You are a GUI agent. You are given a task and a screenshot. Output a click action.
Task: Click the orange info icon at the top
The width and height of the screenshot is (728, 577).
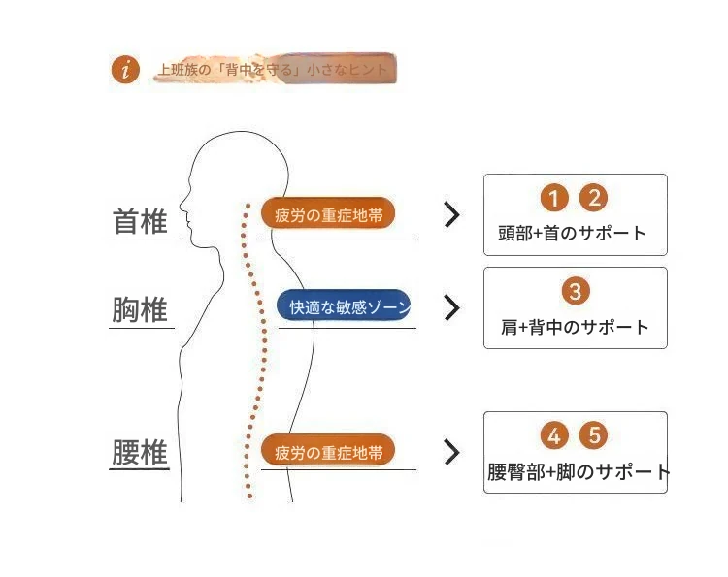(126, 70)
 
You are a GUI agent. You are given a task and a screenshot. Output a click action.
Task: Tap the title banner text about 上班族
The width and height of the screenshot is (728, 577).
(273, 70)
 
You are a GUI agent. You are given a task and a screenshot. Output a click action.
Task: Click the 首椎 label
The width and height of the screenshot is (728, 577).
(141, 222)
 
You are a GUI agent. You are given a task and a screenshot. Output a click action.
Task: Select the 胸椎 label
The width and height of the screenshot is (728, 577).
(140, 310)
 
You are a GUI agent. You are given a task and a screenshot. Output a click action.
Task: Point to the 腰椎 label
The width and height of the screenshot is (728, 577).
(140, 453)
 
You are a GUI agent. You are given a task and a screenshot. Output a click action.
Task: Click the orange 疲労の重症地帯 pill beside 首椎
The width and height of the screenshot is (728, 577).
(328, 213)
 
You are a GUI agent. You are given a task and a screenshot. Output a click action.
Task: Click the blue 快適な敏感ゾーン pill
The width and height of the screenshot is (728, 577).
(345, 306)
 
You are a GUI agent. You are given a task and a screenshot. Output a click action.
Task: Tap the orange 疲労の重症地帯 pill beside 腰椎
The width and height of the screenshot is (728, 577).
(328, 451)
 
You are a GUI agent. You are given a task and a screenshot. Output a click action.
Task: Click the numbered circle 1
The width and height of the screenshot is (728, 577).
(553, 199)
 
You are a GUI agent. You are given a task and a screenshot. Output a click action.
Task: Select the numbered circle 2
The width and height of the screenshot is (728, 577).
(593, 199)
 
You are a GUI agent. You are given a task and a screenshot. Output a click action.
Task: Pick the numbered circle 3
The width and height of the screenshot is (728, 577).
(575, 291)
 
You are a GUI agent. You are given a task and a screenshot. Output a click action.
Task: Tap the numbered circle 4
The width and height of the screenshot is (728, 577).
(554, 435)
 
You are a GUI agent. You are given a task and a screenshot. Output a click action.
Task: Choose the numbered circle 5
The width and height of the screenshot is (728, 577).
(593, 435)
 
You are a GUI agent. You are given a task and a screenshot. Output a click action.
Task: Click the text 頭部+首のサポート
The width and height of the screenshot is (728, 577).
(572, 234)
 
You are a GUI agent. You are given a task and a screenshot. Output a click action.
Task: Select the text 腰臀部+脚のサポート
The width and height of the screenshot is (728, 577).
(579, 473)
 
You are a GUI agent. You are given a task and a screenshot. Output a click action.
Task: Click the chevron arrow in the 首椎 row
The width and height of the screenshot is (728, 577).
(451, 215)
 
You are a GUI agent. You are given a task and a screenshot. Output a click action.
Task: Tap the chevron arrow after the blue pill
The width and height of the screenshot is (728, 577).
(451, 307)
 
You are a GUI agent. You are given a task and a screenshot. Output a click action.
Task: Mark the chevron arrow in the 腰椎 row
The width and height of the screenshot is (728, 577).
(451, 452)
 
